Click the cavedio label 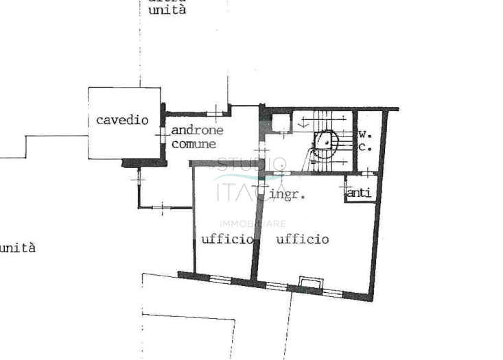point(122,120)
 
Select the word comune point(194,144)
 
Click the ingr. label point(287,194)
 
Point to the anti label point(360,193)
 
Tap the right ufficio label point(302,239)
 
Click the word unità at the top point(167,11)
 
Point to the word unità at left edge point(17,248)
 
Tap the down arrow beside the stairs point(303,124)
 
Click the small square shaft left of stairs point(280,123)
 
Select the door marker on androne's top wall point(215,112)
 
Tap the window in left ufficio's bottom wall point(220,278)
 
